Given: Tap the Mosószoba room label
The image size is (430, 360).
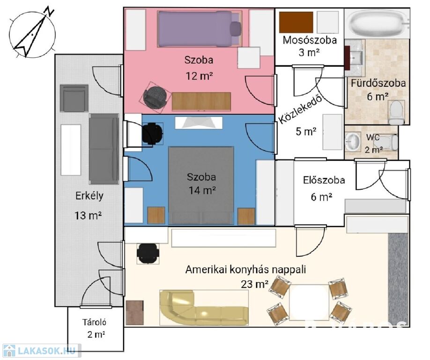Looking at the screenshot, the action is (x=310, y=40).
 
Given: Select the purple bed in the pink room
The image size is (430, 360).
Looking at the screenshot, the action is (x=200, y=29).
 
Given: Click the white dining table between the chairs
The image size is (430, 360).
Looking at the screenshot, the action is (x=309, y=302).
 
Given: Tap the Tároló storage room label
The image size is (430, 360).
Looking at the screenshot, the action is (x=94, y=322).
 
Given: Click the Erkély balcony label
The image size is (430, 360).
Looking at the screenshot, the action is (x=89, y=196).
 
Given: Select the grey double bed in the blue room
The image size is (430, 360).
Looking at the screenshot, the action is (x=201, y=186).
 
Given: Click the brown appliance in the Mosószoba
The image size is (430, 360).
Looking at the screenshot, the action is (x=296, y=22).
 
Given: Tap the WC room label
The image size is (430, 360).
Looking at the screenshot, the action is (x=373, y=137).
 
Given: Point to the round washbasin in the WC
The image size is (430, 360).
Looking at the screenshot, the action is (x=353, y=142).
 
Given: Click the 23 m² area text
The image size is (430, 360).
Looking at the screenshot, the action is (x=254, y=284).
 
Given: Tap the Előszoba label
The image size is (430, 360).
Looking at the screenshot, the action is (x=324, y=180).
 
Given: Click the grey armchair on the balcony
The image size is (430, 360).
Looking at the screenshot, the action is (x=74, y=98).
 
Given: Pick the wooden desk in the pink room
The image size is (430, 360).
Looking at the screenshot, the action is (x=201, y=102).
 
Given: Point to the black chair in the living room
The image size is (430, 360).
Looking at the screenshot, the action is (x=148, y=253).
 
